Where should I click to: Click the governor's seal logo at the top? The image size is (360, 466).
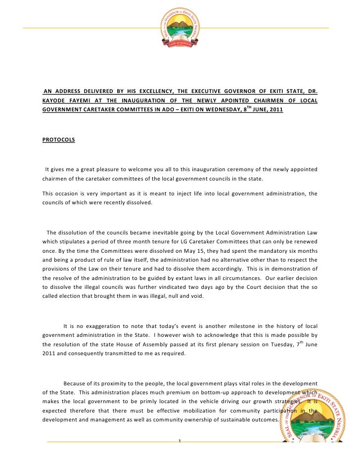180,29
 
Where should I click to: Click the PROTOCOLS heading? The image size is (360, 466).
59,140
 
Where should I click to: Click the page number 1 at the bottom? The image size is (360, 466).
180,441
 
